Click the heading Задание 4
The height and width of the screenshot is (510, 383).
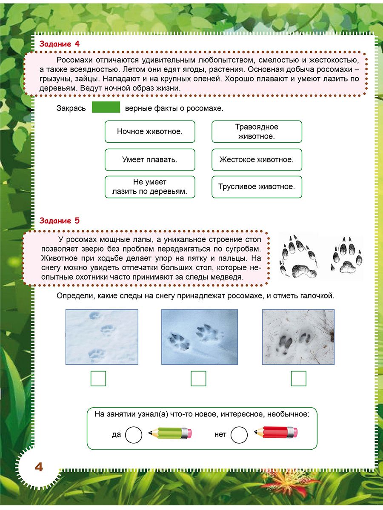click(x=59, y=43)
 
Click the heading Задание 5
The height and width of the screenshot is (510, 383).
click(x=59, y=221)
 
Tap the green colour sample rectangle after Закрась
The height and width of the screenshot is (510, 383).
click(x=106, y=108)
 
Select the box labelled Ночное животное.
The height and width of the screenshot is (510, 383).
click(x=150, y=131)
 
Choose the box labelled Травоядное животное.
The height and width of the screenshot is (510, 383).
click(x=257, y=131)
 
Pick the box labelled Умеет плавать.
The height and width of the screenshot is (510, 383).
click(x=150, y=160)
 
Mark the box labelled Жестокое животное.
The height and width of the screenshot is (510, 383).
click(x=257, y=160)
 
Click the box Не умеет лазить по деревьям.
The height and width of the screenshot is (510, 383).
click(x=150, y=187)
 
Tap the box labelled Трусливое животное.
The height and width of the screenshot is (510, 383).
click(x=257, y=187)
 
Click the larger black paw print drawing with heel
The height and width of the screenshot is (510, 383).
click(x=299, y=256)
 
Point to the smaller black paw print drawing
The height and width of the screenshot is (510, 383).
click(x=346, y=255)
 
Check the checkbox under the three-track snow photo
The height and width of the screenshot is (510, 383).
click(x=98, y=378)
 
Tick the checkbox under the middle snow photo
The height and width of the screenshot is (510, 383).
click(x=198, y=378)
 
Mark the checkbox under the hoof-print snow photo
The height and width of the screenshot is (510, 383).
click(x=298, y=378)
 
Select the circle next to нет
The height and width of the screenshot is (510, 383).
click(x=239, y=435)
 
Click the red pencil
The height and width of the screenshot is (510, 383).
click(x=276, y=433)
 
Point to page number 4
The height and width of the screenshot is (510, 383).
click(x=39, y=467)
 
